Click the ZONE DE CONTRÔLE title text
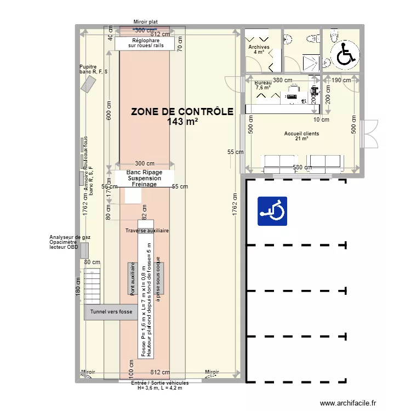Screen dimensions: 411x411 [x=182, y=112]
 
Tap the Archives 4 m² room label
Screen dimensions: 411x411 [x=259, y=50]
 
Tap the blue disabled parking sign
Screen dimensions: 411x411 [x=273, y=212]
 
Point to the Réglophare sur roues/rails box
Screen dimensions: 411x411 [x=145, y=43]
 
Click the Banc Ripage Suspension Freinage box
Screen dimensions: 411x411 [x=144, y=178]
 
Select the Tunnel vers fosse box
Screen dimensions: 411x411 [x=111, y=312]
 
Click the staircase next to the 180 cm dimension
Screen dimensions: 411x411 [x=93, y=284]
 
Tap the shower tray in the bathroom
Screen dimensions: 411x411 [x=310, y=62]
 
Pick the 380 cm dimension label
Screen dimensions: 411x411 [x=283, y=80]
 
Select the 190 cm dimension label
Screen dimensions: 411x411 [x=341, y=80]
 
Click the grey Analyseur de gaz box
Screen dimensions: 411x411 [x=83, y=250]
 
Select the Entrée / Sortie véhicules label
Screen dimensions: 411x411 [x=160, y=383]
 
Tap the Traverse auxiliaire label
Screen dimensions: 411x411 [x=147, y=231]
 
